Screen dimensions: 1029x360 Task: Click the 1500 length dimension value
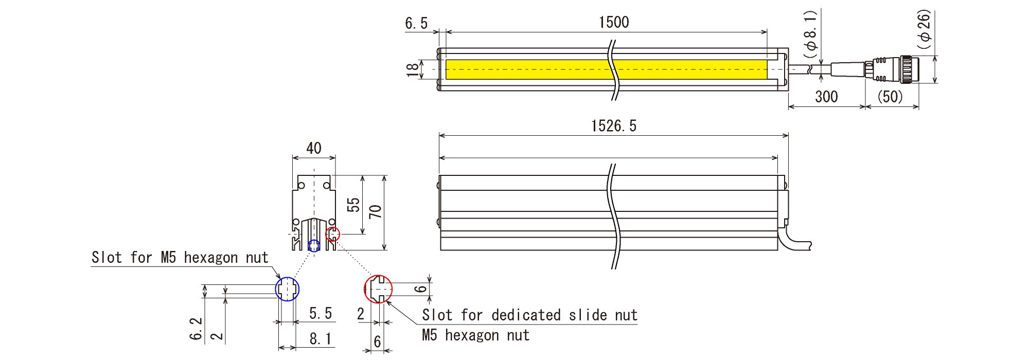(614, 22)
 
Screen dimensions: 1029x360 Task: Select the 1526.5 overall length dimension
(614, 126)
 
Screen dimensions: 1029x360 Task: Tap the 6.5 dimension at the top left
(416, 23)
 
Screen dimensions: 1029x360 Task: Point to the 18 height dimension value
(413, 69)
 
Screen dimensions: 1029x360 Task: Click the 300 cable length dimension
(826, 97)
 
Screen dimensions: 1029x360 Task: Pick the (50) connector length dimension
(890, 97)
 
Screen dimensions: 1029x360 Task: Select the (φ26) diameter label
(924, 29)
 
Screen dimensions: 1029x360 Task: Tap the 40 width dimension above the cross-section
(314, 148)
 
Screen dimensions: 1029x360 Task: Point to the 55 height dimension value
(353, 205)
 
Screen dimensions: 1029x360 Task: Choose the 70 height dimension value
(376, 211)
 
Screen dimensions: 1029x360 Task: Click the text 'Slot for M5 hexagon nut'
(180, 257)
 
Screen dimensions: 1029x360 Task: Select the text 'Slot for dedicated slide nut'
(530, 315)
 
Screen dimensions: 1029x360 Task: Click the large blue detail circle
(287, 278)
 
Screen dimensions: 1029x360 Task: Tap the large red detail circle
(365, 289)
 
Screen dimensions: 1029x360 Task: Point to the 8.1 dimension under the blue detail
(321, 339)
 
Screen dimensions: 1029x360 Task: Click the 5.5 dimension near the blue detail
(321, 313)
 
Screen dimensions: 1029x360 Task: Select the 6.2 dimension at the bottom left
(196, 328)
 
